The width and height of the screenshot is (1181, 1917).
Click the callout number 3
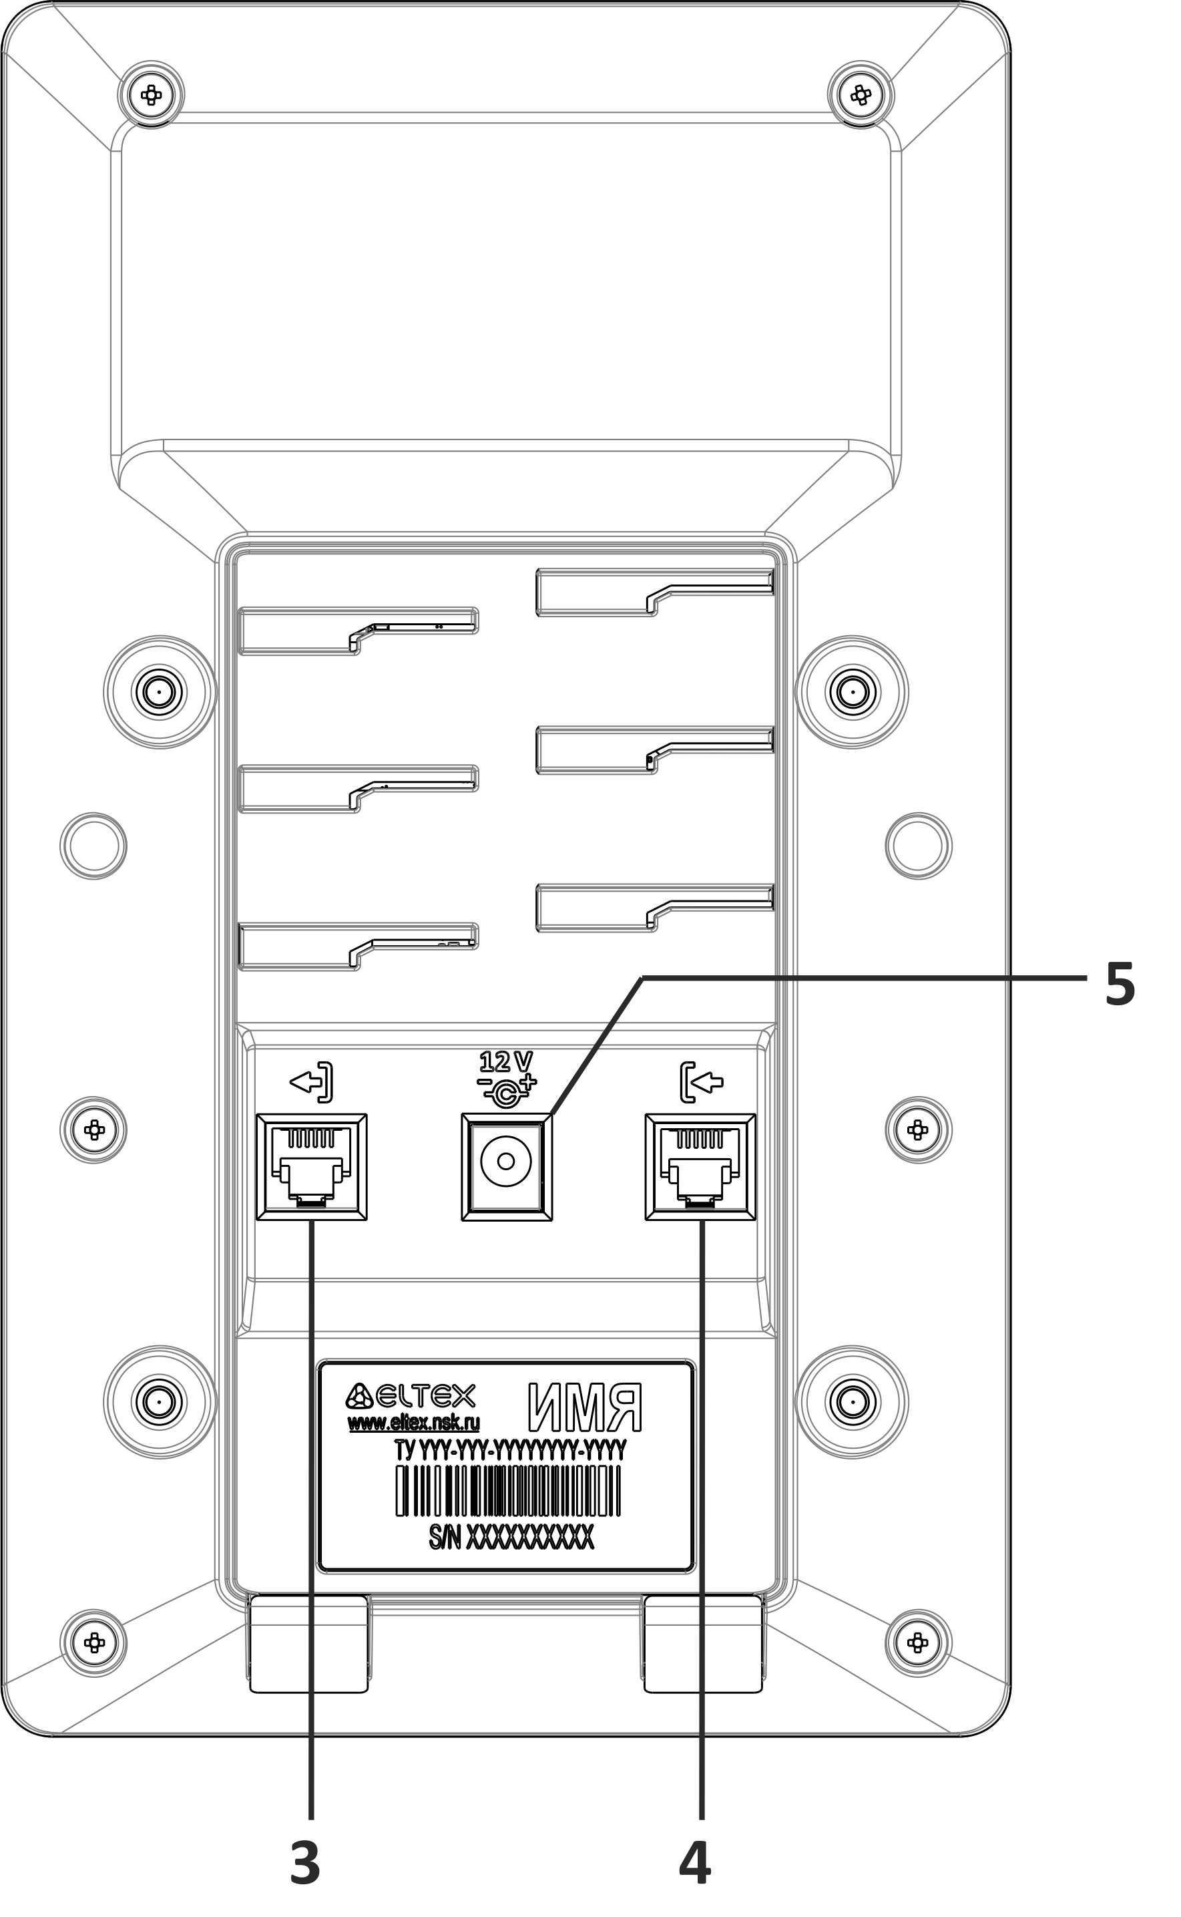[305, 1862]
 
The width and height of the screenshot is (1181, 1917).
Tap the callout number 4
[694, 1862]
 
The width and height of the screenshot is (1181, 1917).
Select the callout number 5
[1120, 984]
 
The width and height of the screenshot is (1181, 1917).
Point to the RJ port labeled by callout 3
[312, 1167]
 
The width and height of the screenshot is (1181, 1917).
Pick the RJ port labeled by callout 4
[700, 1167]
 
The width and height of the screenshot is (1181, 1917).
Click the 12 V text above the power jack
[506, 1062]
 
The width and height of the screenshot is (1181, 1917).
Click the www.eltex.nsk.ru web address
[414, 1421]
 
